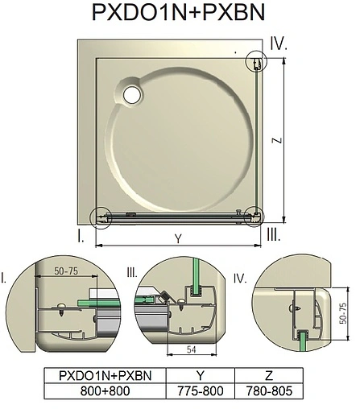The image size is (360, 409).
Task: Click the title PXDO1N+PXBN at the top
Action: [179, 16]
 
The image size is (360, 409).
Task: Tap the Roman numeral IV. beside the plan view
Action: [279, 43]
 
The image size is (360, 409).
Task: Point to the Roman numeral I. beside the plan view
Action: [81, 236]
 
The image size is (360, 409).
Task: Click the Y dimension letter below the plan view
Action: [176, 238]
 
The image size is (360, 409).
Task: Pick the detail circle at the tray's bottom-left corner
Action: [101, 217]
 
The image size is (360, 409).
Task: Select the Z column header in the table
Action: [270, 374]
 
